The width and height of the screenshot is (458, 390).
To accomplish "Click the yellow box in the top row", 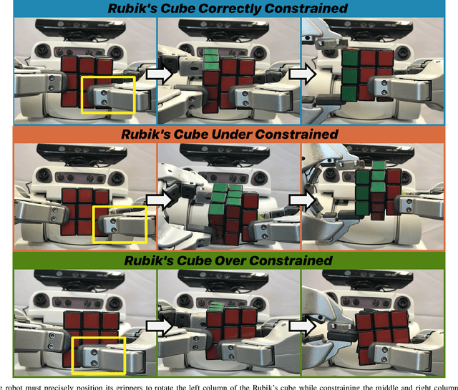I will point(107,94).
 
